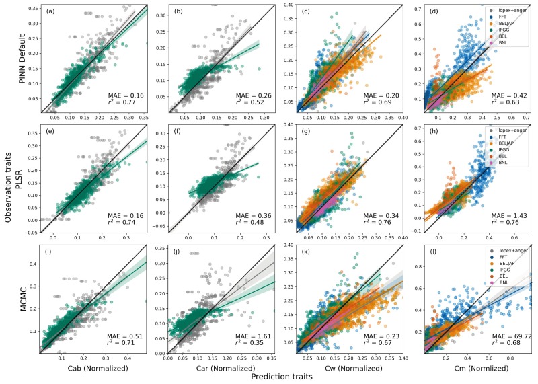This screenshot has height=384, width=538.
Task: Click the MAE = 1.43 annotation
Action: pyautogui.click(x=509, y=216)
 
